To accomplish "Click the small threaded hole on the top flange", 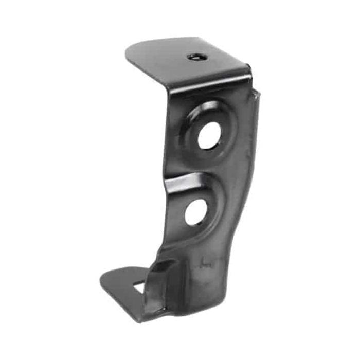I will coord(195,57).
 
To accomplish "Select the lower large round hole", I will coord(196,212).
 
